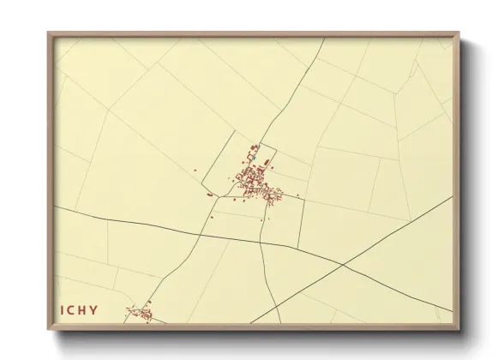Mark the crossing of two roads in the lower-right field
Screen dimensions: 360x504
coord(343,265)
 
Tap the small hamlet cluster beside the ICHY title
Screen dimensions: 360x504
coord(141,315)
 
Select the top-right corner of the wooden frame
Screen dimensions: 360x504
coord(459,33)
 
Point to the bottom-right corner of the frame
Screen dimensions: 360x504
coord(459,331)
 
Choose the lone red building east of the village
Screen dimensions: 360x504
coord(297,196)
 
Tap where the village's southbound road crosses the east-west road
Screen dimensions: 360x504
coord(262,241)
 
